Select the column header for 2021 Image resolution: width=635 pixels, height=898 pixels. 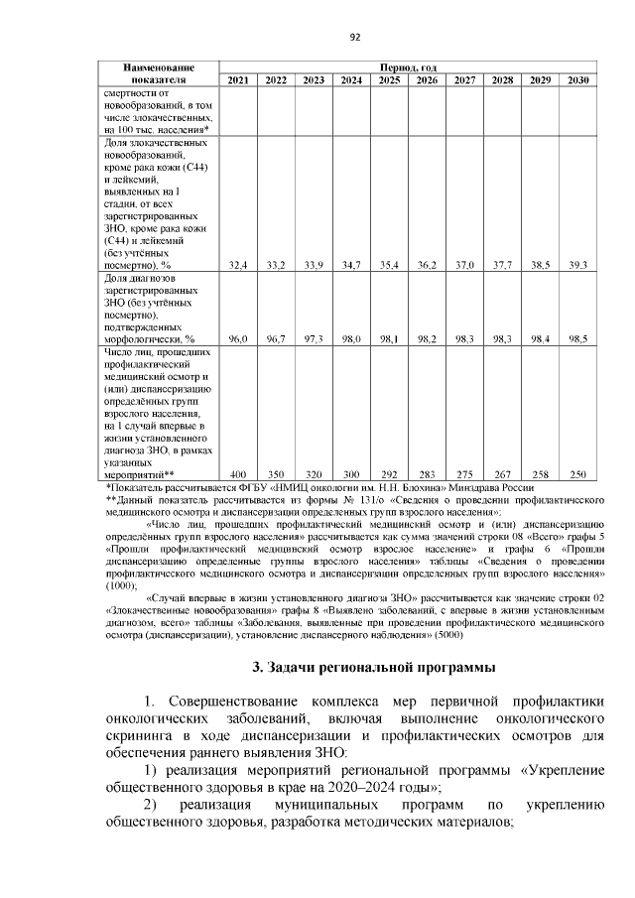tap(238, 80)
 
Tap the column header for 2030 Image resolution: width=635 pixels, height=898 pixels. tap(577, 80)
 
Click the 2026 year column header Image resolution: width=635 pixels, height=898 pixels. tap(427, 80)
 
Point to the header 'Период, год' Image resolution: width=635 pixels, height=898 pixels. tap(408, 66)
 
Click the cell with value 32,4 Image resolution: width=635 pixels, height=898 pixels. tap(238, 265)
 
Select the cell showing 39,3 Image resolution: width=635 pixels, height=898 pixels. tap(577, 265)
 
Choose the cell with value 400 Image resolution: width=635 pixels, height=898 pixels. tap(238, 473)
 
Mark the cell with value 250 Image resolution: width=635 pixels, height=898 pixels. tap(577, 473)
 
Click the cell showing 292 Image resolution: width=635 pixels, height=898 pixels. tap(389, 473)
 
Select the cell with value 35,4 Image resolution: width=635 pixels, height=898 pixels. tap(389, 265)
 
